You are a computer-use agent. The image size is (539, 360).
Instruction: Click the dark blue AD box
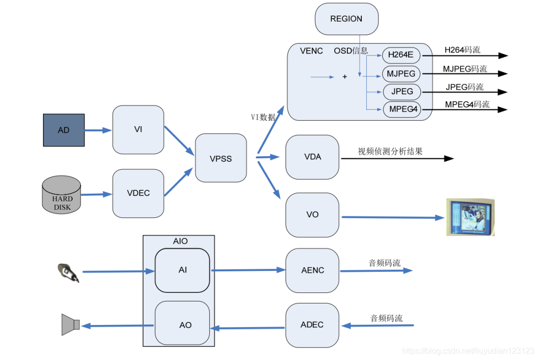(64, 130)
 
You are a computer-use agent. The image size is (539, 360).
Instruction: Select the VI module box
(138, 130)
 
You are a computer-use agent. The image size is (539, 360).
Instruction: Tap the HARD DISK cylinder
(61, 196)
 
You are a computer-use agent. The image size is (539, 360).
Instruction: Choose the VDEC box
(138, 193)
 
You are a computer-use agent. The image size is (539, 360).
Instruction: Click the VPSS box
(221, 158)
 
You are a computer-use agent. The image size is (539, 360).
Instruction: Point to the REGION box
(346, 19)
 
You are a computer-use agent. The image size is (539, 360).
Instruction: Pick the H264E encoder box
(401, 55)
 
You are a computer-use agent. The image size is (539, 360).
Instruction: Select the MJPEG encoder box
(401, 74)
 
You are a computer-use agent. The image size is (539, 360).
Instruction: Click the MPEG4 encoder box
(401, 109)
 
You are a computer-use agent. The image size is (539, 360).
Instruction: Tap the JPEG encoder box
(402, 92)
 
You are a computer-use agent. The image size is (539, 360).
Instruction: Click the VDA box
(312, 157)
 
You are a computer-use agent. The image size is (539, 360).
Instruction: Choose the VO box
(312, 215)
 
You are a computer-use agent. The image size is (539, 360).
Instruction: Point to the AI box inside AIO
(182, 270)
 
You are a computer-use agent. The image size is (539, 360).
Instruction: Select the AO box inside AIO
(183, 324)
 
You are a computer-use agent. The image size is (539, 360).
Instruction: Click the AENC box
(312, 270)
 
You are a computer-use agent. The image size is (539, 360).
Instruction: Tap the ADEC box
(312, 324)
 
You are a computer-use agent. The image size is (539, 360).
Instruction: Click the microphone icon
(68, 272)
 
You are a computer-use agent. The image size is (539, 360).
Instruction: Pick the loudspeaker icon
(70, 324)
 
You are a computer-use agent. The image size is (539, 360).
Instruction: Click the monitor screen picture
(470, 217)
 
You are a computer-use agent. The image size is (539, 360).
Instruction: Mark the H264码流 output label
(462, 50)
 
